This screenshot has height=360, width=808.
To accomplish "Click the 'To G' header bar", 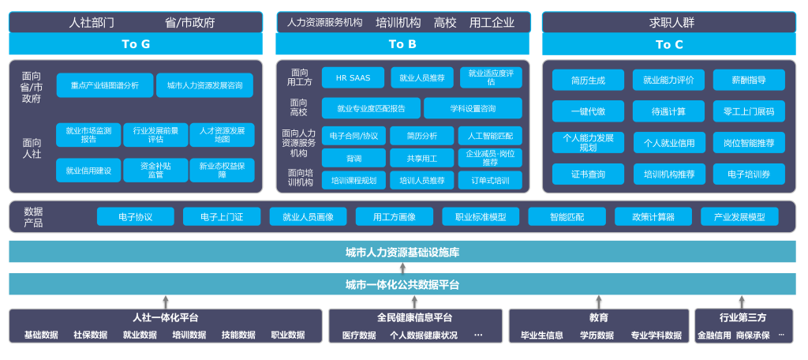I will tap(136, 44).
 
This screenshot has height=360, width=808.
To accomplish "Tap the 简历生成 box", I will tap(588, 80).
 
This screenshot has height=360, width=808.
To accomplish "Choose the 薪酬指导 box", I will tap(749, 80).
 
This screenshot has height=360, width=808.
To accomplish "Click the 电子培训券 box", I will tap(749, 174).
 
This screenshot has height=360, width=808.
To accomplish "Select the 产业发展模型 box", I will tap(739, 216).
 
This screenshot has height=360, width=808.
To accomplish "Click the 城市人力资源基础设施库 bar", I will tap(402, 252).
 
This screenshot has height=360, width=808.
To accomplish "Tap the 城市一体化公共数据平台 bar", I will tap(402, 284).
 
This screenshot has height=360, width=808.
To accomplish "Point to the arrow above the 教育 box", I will tap(599, 302).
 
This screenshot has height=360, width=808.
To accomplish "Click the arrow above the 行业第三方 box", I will tap(742, 302).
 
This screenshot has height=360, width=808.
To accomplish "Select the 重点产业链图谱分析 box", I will tap(104, 85).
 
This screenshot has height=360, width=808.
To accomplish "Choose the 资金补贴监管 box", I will tap(155, 170).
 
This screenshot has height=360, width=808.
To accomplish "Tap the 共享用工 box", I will tap(421, 158).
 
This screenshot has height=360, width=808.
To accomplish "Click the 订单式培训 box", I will tap(490, 180).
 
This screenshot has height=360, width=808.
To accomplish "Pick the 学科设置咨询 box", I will tap(473, 108).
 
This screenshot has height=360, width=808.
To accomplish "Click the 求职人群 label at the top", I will tap(668, 22).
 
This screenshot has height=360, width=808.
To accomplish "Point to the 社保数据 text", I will tap(90, 335).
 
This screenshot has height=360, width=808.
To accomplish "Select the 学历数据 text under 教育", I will tap(597, 336).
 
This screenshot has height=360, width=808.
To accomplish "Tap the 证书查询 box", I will tap(588, 174).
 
